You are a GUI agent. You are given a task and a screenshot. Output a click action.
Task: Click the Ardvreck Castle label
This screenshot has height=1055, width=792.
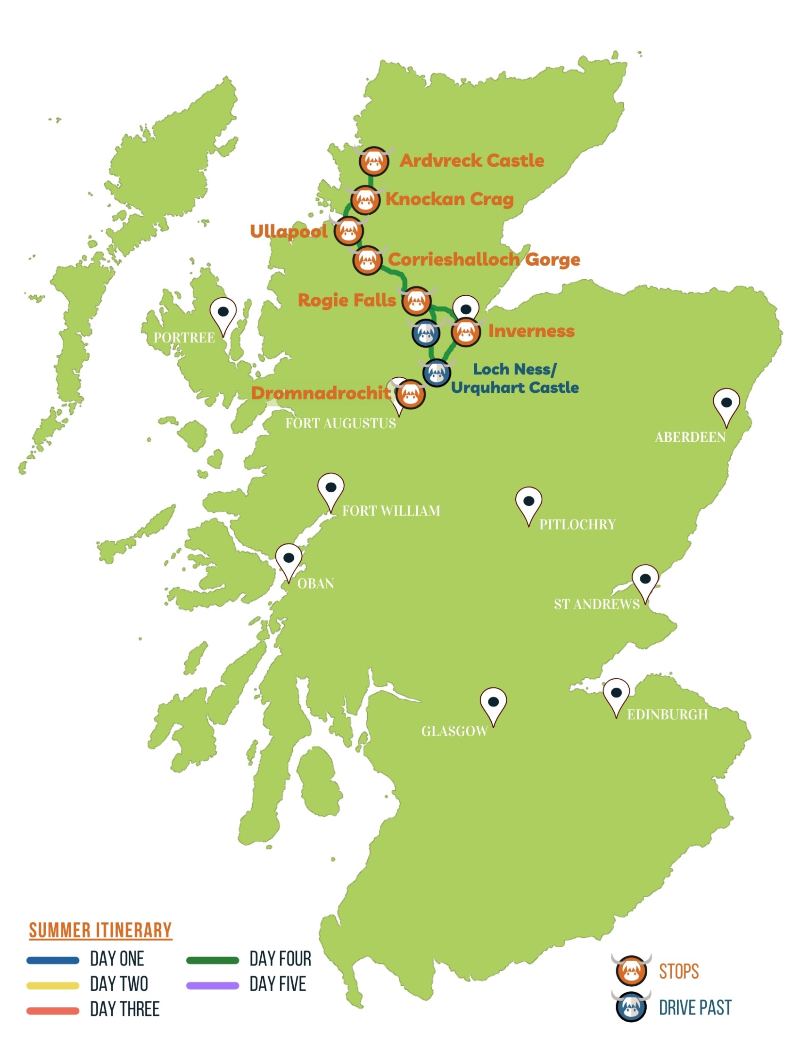(x=471, y=160)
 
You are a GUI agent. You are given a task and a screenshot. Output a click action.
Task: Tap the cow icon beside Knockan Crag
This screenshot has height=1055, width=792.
(x=365, y=200)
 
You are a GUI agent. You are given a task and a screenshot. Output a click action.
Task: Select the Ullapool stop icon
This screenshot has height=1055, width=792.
(x=348, y=231)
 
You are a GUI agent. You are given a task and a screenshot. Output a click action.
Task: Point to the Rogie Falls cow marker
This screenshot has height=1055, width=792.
(x=416, y=301)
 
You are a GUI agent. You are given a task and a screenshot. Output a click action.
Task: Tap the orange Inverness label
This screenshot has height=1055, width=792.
(x=531, y=331)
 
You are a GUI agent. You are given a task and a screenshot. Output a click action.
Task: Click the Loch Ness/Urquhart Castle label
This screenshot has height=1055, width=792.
(x=514, y=378)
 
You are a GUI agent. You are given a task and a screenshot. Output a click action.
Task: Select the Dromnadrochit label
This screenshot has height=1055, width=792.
(x=320, y=393)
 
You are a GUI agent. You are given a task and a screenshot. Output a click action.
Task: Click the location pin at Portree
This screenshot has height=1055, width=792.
(x=223, y=313)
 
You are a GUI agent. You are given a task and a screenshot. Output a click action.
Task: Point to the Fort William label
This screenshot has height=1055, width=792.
(x=391, y=511)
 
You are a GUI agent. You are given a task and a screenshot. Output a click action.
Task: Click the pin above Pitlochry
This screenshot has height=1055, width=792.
(x=528, y=502)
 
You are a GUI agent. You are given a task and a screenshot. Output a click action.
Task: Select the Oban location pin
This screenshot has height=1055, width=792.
(x=289, y=559)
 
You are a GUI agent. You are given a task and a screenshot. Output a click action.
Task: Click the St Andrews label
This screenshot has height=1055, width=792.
(x=596, y=604)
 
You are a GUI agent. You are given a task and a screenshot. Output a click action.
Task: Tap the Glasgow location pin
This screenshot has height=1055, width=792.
(x=493, y=703)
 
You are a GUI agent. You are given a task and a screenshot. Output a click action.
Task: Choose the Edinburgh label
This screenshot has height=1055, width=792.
(x=667, y=714)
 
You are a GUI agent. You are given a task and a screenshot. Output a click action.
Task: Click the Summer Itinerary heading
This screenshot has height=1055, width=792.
(x=100, y=931)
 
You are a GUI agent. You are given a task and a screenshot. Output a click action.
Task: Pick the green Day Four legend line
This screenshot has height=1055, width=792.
(x=213, y=960)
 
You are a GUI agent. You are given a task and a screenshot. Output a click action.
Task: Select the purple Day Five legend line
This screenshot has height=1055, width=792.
(x=213, y=985)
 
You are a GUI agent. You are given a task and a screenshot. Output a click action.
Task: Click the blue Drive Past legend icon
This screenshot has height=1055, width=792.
(x=631, y=1008)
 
